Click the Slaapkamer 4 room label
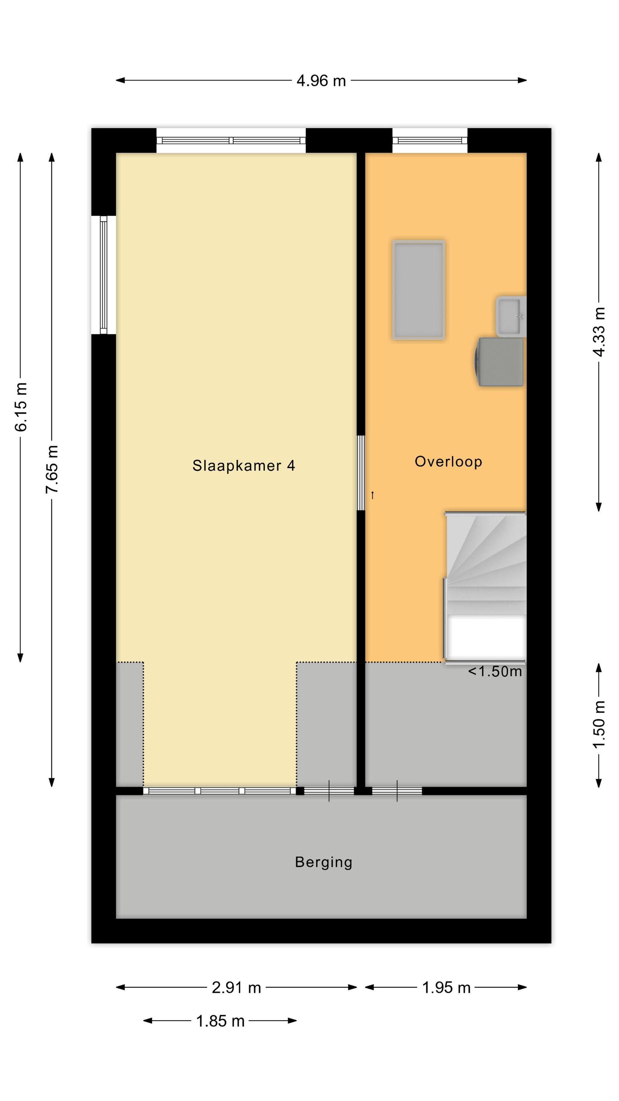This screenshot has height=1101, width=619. point(243,465)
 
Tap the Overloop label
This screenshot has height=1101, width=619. point(448,462)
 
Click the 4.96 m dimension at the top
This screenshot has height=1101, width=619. point(321,80)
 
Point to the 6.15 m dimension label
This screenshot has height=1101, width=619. point(21,407)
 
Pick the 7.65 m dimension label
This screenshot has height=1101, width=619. point(52,469)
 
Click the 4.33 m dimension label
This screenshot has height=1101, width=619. point(599,332)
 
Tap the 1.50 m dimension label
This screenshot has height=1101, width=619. point(599,724)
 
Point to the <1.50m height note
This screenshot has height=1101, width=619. point(495,672)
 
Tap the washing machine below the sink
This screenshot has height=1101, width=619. point(499,362)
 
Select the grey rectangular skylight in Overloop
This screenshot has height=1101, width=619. point(419,290)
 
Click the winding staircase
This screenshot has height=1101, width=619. point(485,587)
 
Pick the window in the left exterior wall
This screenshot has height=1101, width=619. point(103,275)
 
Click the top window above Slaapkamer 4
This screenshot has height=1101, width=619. point(231,140)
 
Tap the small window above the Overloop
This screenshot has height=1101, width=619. point(430,140)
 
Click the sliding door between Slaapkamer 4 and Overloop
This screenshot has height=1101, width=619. point(361,473)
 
